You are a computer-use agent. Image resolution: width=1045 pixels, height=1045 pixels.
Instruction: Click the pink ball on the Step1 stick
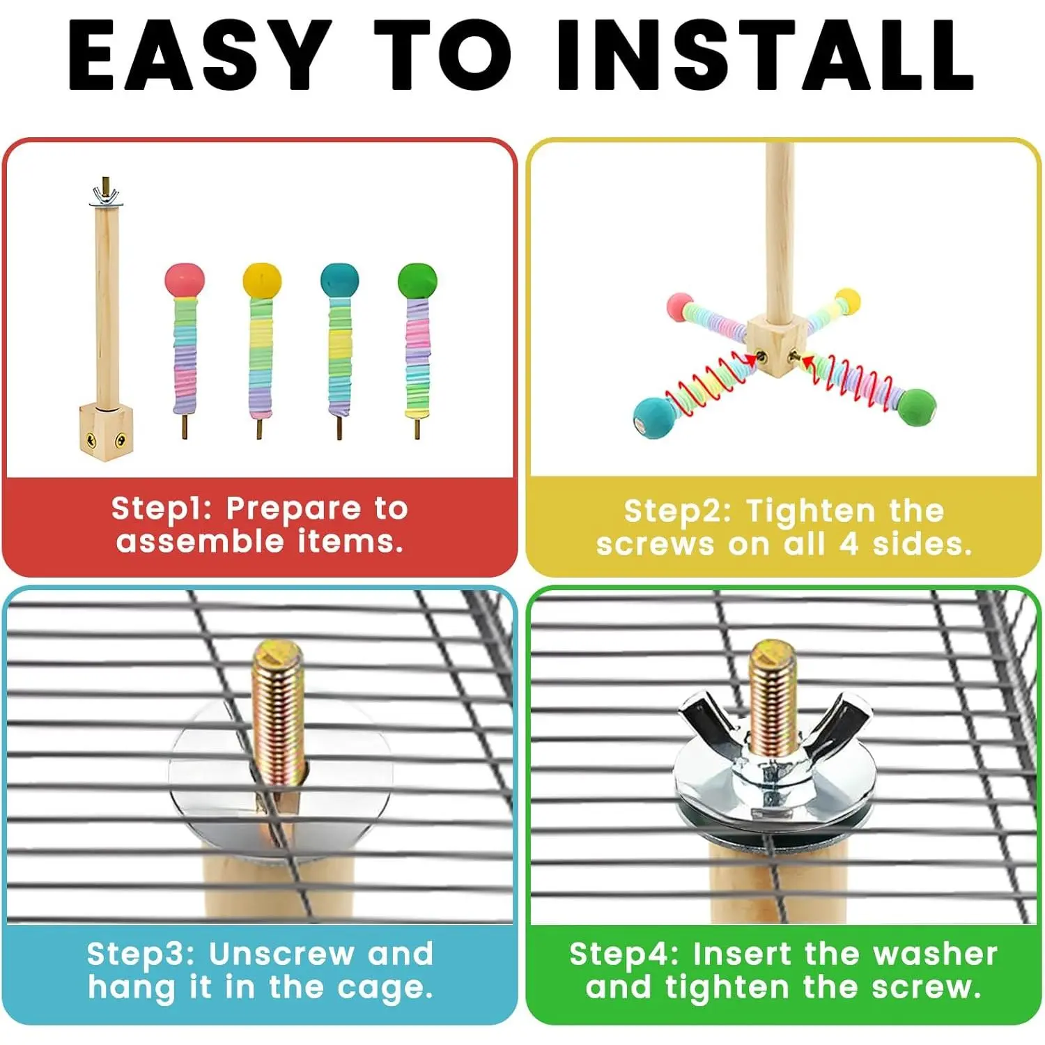(x=185, y=280)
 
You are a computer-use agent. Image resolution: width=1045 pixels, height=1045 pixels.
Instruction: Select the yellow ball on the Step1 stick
(x=262, y=280)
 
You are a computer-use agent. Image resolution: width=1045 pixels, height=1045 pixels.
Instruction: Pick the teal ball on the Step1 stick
(x=339, y=280)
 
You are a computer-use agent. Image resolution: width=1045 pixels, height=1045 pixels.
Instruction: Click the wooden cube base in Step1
(x=105, y=432)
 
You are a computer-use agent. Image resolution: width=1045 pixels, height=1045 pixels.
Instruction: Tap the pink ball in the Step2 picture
(x=680, y=307)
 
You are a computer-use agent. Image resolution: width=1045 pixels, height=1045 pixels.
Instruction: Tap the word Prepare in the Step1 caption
(x=293, y=510)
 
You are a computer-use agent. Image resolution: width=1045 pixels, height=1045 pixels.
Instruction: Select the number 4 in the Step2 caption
(x=848, y=543)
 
